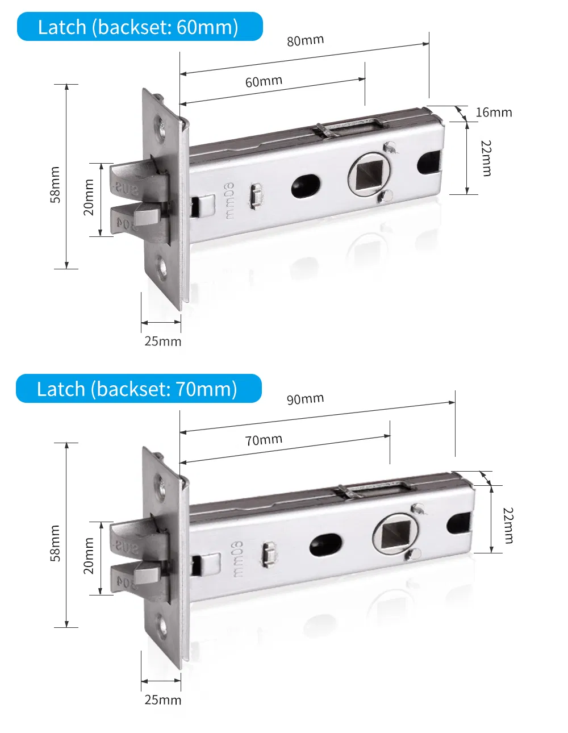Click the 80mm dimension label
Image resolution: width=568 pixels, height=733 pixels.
coord(305,41)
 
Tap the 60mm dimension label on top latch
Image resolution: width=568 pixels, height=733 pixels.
coord(264,82)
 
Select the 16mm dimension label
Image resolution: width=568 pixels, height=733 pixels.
coord(494,113)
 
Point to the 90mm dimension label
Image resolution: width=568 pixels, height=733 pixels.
coord(305,399)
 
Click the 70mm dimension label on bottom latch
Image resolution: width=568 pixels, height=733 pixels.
coord(264,440)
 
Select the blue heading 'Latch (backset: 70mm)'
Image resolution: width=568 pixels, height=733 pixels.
coord(138,389)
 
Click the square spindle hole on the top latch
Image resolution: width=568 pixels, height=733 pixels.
coord(368,174)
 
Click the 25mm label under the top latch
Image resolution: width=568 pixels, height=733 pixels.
coord(163,341)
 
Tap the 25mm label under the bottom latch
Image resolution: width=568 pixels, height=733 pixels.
coord(163,700)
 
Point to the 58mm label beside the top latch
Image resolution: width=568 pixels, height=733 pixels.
coord(55,185)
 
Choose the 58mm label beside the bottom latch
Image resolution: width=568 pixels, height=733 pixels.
coord(55,543)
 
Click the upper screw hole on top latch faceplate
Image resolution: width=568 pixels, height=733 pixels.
coord(160,125)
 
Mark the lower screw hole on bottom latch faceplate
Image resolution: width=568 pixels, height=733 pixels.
coord(164,626)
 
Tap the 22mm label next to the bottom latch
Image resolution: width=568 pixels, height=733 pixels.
coord(508,526)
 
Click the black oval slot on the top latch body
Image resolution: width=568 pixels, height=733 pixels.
coord(306,185)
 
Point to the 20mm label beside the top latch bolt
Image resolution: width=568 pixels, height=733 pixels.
coord(89,198)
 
